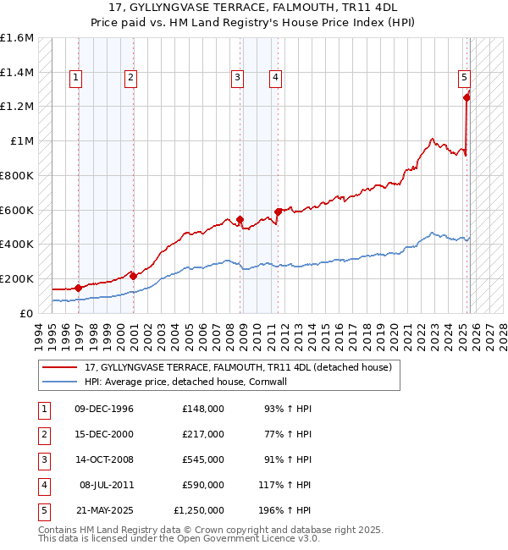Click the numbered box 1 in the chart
tap(76, 78)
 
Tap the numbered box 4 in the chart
tap(275, 78)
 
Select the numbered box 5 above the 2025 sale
tap(465, 78)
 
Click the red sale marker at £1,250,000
tap(467, 97)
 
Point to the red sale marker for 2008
tap(240, 219)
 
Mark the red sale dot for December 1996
tap(78, 288)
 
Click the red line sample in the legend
tap(60, 368)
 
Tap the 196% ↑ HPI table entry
tap(288, 510)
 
